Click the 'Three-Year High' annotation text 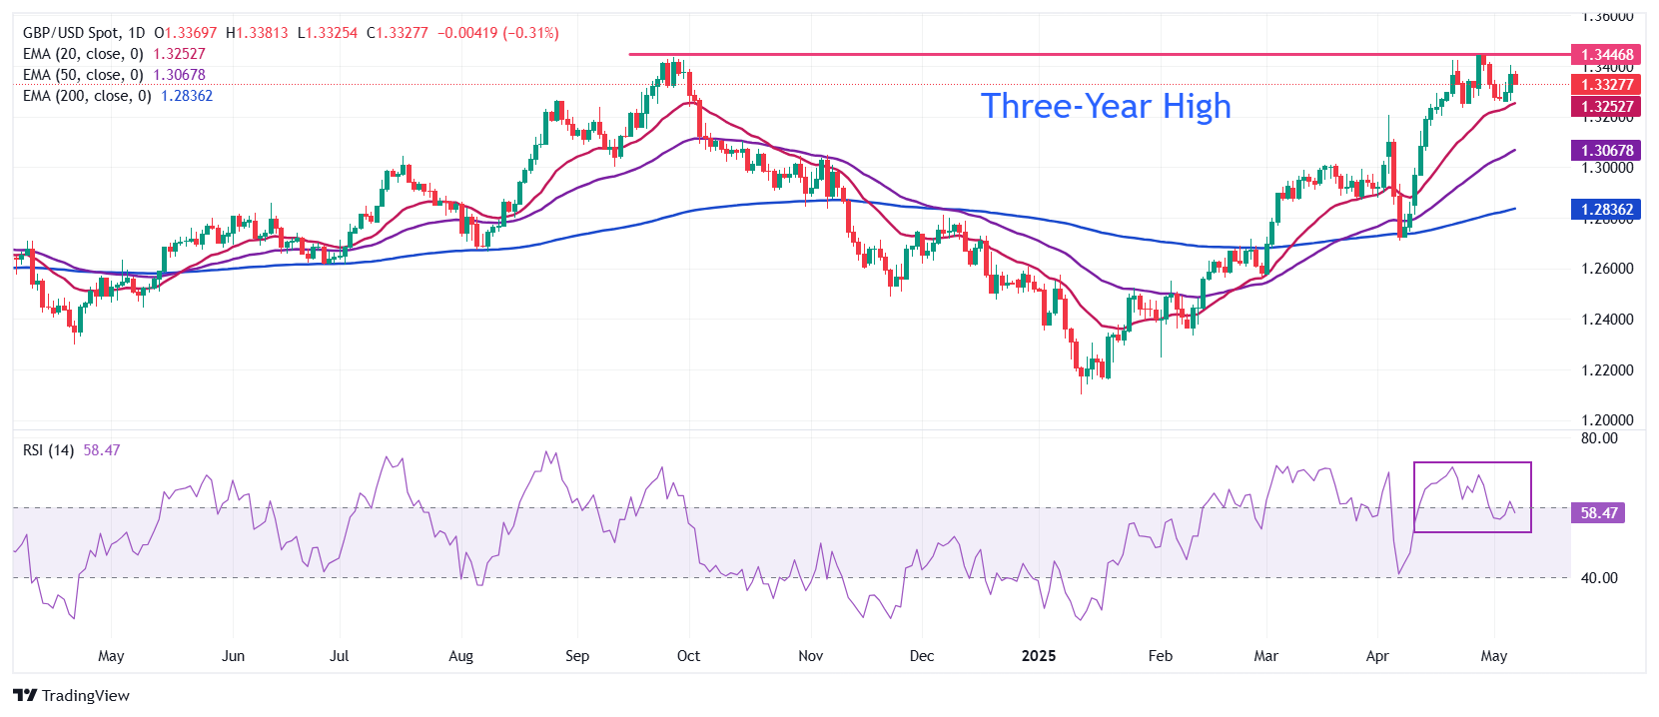pos(1106,106)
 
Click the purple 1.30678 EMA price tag pos(1607,151)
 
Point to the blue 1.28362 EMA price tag pos(1607,210)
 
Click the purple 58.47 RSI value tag pos(1598,513)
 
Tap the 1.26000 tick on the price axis pos(1607,269)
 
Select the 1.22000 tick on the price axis pos(1607,370)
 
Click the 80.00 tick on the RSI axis pos(1599,438)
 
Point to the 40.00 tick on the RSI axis pos(1599,578)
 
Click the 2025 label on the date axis pos(1039,656)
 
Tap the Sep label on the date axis pos(577,656)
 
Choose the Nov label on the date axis pos(811,656)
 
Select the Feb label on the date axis pos(1161,656)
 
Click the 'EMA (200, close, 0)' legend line pos(87,96)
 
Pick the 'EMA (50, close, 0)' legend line pos(83,75)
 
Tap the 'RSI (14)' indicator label pos(48,450)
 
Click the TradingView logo pos(72,695)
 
